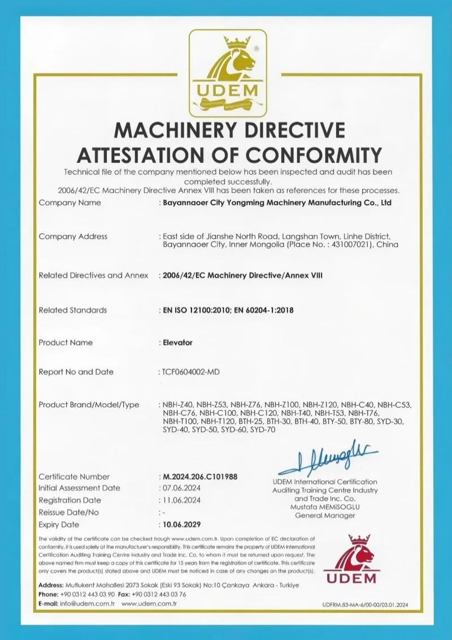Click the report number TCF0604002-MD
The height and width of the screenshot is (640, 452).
click(x=190, y=372)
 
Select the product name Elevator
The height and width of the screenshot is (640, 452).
click(x=177, y=342)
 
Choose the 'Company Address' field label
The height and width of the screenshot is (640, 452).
click(x=73, y=237)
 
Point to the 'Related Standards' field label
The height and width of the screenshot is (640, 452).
click(x=72, y=310)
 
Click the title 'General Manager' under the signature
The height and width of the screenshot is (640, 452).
click(x=325, y=516)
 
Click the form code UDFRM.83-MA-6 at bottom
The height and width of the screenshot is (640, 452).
click(x=350, y=605)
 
